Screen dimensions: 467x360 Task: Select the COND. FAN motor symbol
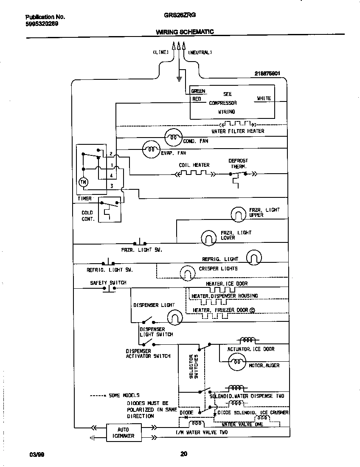[x=173, y=137]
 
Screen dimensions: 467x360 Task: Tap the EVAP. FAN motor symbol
[x=150, y=149]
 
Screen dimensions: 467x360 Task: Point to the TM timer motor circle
[x=83, y=182]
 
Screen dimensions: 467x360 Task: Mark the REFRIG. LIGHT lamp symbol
[x=254, y=257]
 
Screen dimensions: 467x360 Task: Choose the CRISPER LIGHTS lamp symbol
[x=187, y=272]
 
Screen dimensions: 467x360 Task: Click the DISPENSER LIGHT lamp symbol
[x=174, y=316]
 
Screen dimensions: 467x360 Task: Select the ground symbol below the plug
[x=179, y=79]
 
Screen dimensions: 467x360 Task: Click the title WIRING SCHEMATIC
[x=185, y=32]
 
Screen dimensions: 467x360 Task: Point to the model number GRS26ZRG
[x=180, y=14]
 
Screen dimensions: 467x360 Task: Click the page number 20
[x=183, y=454]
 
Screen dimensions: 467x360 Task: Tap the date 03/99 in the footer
[x=37, y=454]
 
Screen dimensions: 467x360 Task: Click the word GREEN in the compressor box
[x=198, y=91]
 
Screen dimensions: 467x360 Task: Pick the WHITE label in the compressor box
[x=264, y=98]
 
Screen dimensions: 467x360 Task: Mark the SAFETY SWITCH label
[x=108, y=283]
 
